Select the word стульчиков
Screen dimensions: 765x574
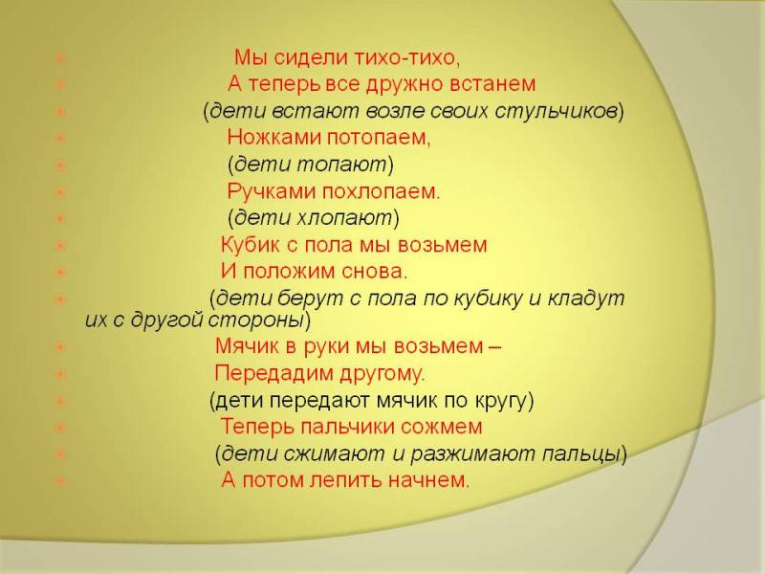click(x=557, y=111)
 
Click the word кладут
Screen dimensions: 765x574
click(x=586, y=298)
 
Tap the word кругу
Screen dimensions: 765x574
click(x=501, y=400)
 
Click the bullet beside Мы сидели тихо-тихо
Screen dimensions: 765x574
click(x=60, y=58)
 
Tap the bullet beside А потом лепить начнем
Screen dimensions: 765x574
click(x=60, y=481)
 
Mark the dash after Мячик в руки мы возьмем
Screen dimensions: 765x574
click(x=493, y=347)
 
